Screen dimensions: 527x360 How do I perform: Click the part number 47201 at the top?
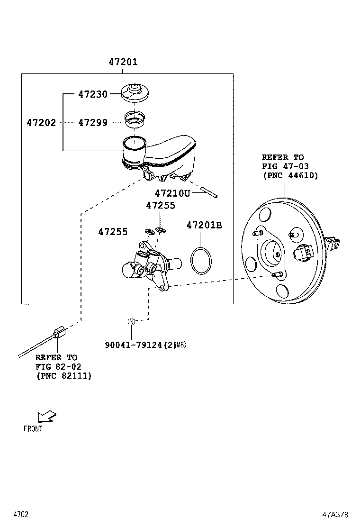[123, 62]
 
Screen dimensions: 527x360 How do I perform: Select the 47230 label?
[93, 94]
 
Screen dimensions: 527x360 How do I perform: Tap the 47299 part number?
[93, 123]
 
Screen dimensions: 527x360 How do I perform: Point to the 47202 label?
[41, 123]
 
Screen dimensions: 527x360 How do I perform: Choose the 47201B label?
[204, 225]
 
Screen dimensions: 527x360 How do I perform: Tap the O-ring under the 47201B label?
[201, 260]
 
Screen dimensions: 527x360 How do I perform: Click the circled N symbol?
[132, 321]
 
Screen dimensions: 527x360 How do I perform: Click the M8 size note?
[181, 345]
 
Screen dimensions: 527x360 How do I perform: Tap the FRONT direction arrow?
[46, 416]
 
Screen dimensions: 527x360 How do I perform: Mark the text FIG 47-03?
[283, 166]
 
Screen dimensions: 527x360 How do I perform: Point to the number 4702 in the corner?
[21, 514]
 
